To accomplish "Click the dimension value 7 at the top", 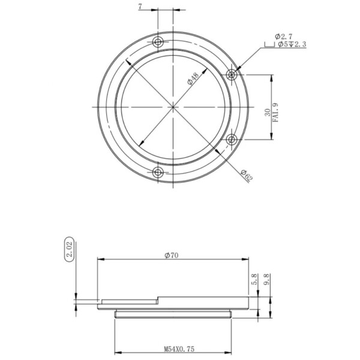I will click(140, 7).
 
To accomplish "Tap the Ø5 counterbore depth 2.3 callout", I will click(292, 44).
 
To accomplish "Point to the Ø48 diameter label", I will click(193, 79).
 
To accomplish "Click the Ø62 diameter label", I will click(246, 176).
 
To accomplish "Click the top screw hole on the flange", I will click(158, 42).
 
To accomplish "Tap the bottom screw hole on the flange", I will click(158, 173).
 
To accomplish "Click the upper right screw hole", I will click(232, 74).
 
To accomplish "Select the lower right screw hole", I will click(232, 140).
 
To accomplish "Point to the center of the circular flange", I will click(173, 107).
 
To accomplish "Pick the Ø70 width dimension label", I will click(173, 255).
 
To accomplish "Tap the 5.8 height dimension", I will click(254, 279).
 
